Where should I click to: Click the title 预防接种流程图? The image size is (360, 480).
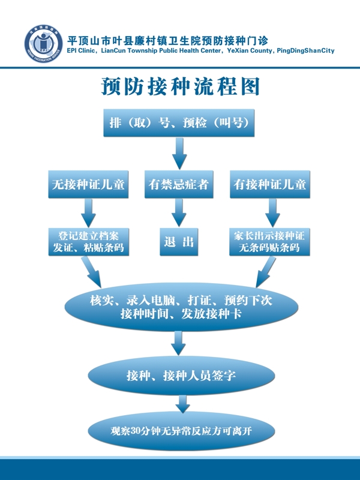click(180, 87)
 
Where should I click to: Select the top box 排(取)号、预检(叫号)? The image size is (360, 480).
click(179, 123)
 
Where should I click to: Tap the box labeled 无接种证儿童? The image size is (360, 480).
click(88, 184)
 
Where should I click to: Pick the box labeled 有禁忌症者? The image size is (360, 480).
click(179, 184)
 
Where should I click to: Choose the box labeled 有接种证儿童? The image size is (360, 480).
click(270, 184)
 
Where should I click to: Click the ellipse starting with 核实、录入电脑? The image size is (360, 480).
click(181, 307)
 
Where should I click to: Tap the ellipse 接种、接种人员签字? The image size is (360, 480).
click(181, 376)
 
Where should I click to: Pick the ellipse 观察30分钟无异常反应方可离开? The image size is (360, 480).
click(181, 430)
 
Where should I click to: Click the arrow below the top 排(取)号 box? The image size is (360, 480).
click(179, 154)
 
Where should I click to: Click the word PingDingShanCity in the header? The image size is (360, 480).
click(305, 52)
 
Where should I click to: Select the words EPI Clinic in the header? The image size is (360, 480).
click(82, 52)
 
